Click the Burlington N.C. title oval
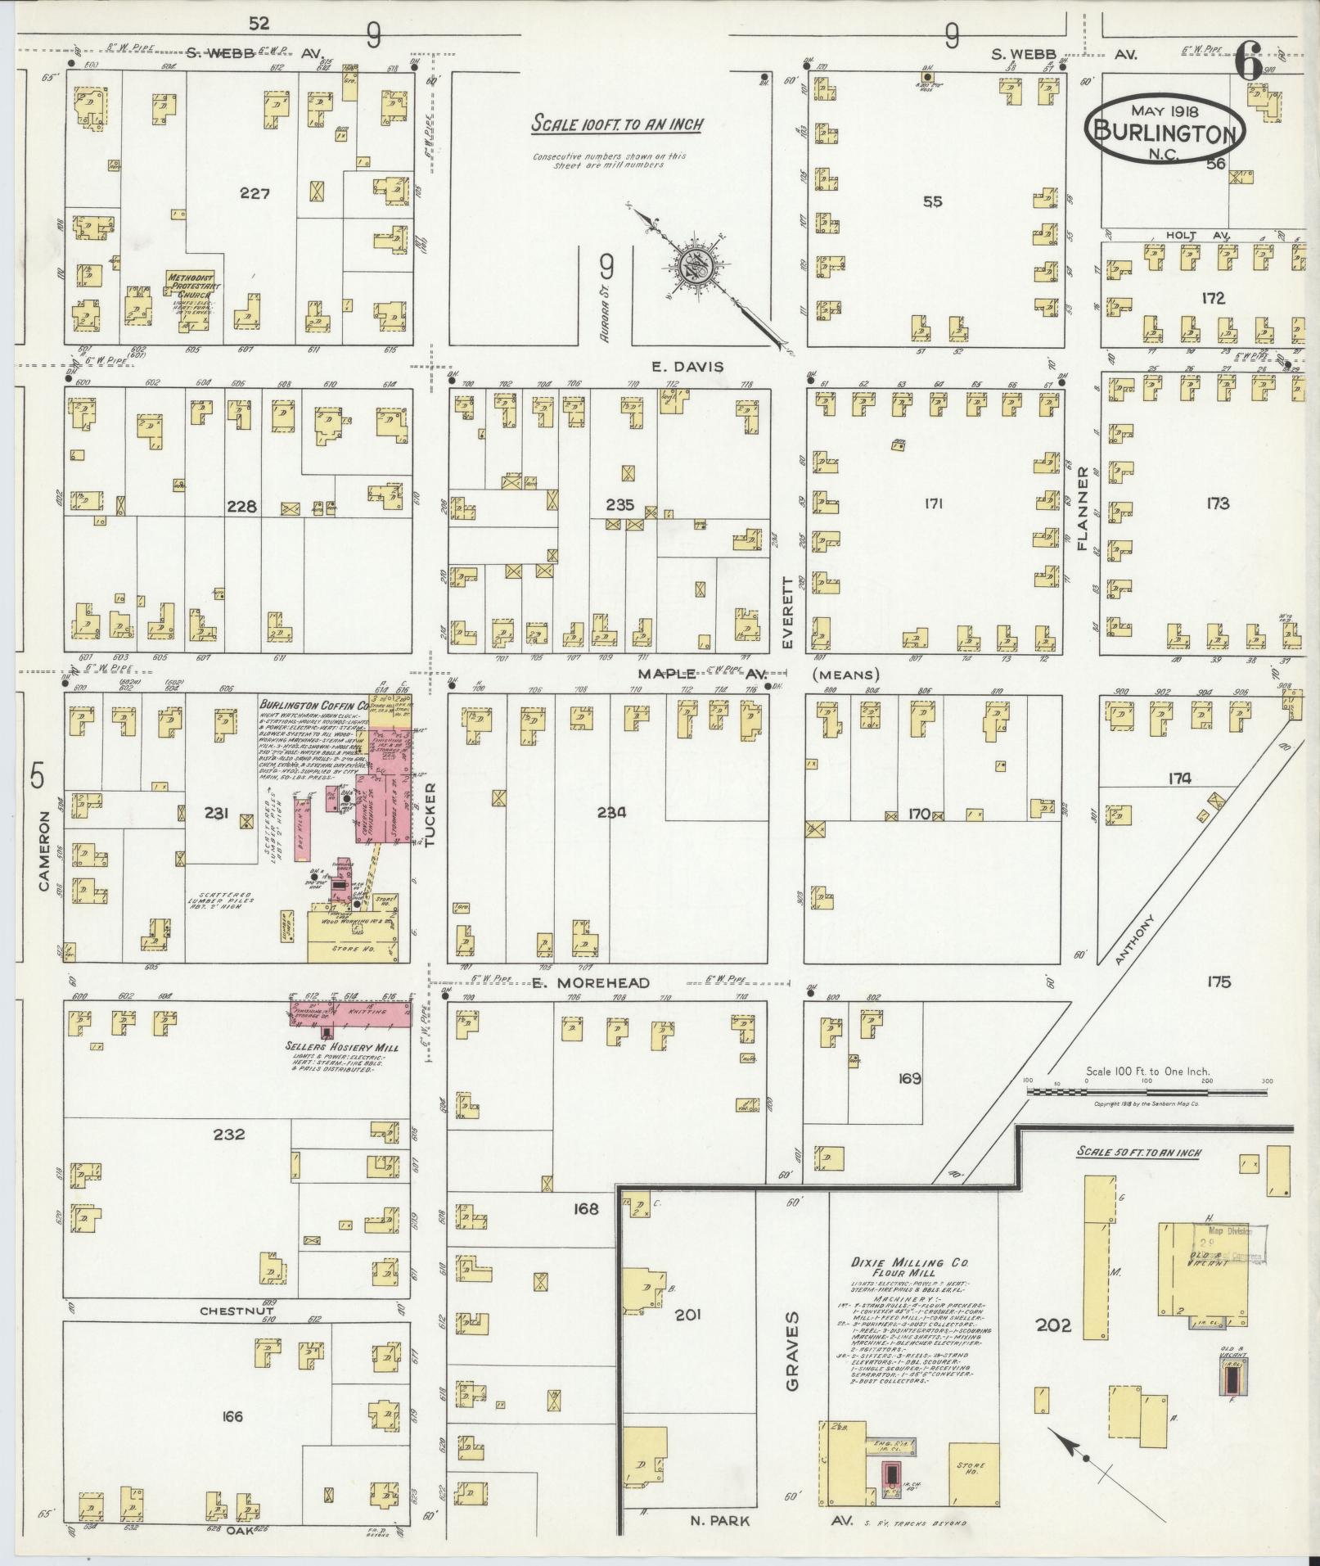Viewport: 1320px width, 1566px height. pos(1165,126)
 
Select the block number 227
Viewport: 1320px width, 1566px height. pos(255,194)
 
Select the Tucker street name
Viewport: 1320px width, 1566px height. pos(430,815)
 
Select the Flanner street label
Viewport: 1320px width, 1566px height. pos(1083,508)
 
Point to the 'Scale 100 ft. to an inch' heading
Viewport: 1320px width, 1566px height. pos(617,125)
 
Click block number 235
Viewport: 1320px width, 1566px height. pos(619,505)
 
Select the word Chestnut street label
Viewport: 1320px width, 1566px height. pos(237,1311)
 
